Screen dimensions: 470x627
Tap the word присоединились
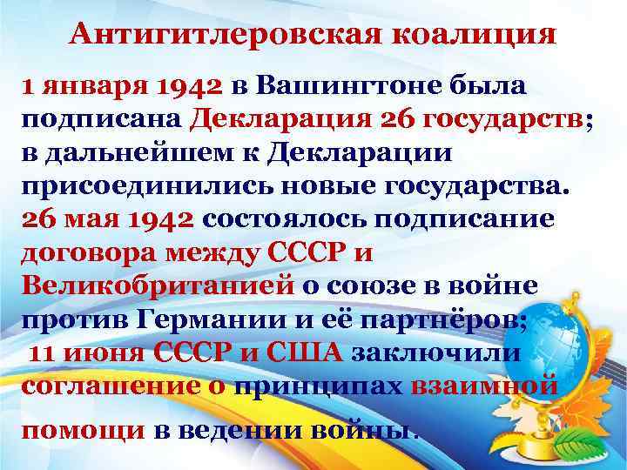click(x=138, y=186)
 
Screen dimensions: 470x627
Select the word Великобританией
click(x=157, y=286)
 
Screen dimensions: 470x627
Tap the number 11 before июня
click(x=45, y=352)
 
